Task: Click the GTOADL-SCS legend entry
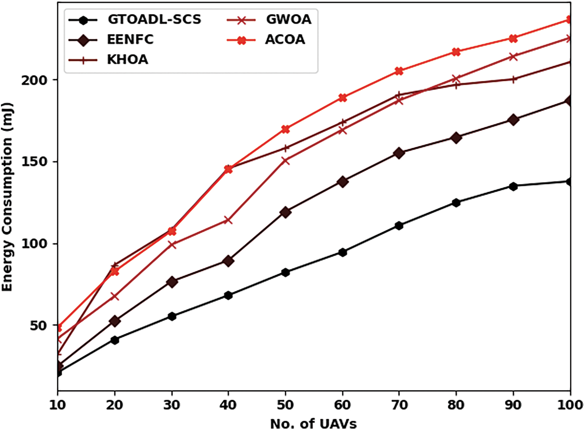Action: (154, 20)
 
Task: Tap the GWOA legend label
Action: (288, 20)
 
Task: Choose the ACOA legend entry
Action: (285, 40)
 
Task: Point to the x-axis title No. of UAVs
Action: (314, 423)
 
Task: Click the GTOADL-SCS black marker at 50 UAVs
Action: (286, 272)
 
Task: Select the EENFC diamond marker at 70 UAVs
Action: (399, 153)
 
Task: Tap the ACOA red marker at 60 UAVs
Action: (343, 98)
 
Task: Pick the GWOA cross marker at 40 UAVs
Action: (228, 220)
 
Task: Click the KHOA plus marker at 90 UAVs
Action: (513, 79)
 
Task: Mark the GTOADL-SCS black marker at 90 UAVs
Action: (513, 186)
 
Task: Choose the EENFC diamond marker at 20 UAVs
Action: (115, 321)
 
